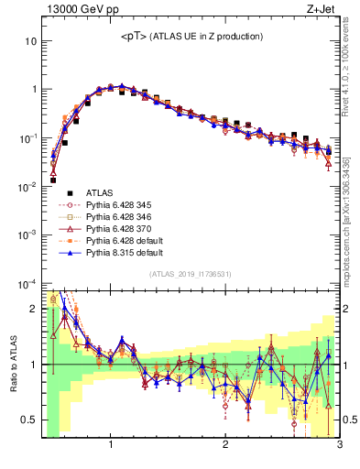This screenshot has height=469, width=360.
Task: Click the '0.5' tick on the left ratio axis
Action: (27, 420)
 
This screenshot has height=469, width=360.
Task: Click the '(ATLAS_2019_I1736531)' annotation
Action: (191, 275)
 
